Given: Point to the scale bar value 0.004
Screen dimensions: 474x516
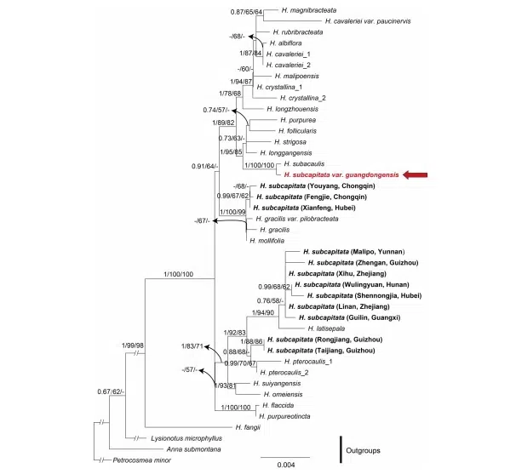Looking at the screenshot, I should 286,465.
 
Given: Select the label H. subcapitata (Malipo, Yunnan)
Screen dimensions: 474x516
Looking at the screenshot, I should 353,252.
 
